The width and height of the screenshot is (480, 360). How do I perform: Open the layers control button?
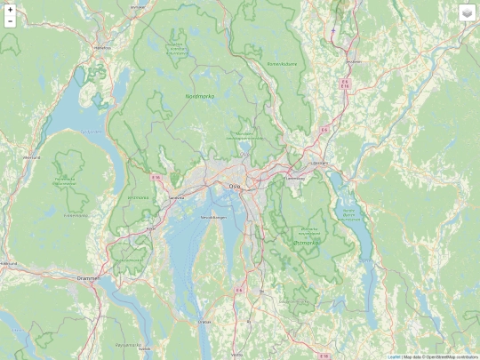click(468, 12)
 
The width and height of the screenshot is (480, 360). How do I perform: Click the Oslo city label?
click(235, 186)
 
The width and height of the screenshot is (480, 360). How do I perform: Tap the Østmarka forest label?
click(305, 240)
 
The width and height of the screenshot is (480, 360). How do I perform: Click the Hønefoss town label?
click(102, 47)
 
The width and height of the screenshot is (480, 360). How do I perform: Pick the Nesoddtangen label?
click(214, 217)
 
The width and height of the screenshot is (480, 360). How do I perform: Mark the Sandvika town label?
click(176, 198)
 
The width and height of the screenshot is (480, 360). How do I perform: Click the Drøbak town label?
click(205, 321)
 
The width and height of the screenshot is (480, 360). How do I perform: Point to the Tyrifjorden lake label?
click(92, 132)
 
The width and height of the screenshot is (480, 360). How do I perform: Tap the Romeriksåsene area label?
click(282, 64)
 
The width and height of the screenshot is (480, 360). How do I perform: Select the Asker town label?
click(150, 228)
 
